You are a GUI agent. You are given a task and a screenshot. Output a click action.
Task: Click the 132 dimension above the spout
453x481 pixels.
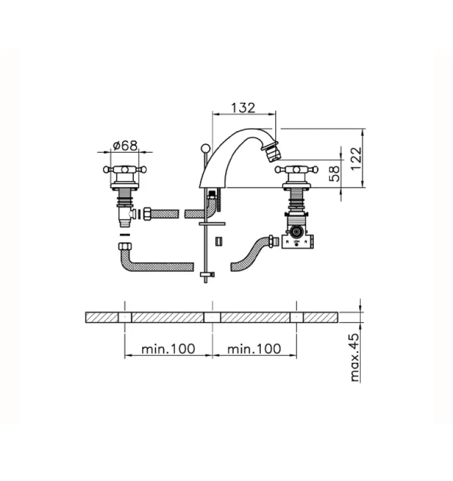click(243, 108)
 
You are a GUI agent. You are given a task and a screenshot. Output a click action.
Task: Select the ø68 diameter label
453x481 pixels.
click(125, 146)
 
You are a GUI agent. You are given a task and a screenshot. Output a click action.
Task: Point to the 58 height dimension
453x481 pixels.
click(336, 174)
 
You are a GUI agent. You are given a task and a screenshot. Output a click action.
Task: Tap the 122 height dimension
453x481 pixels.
click(357, 159)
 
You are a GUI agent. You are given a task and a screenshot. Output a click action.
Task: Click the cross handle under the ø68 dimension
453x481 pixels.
click(125, 171)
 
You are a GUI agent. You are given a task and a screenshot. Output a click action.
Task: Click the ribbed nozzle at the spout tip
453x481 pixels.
click(274, 152)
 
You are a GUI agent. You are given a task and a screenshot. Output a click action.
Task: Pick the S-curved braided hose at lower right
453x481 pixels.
click(250, 252)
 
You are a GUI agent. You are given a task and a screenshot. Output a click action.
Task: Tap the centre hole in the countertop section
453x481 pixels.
click(212, 317)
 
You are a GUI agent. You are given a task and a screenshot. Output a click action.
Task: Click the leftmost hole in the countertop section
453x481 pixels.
click(125, 317)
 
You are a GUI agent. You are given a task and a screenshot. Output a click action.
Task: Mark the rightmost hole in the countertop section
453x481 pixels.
click(296, 317)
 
